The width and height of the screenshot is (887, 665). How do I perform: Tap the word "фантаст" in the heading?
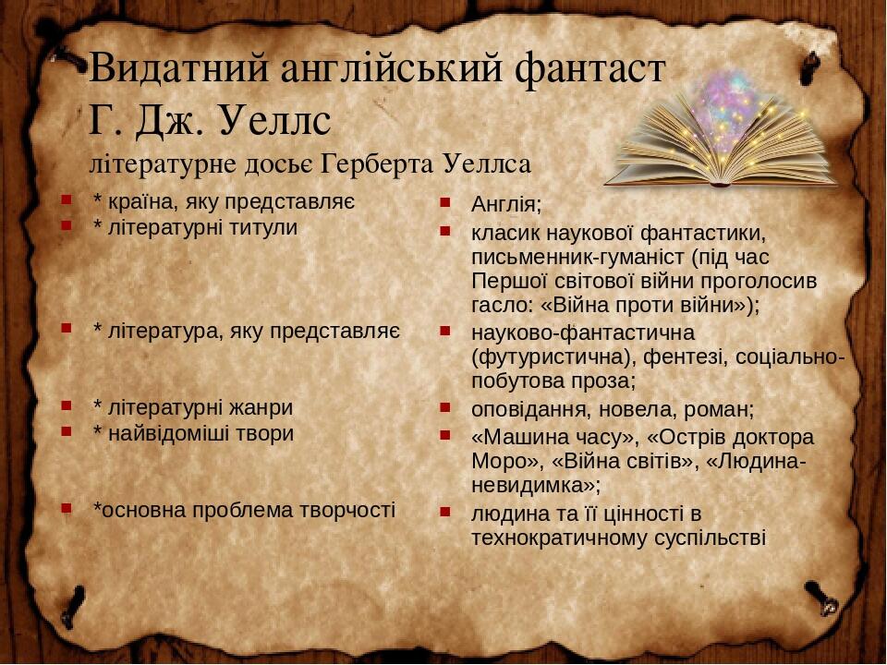point(588,68)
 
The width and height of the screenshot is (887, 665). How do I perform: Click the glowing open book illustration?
point(721,134)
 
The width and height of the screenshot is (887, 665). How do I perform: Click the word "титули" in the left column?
point(265,227)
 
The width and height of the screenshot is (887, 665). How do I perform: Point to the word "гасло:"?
point(499,306)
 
